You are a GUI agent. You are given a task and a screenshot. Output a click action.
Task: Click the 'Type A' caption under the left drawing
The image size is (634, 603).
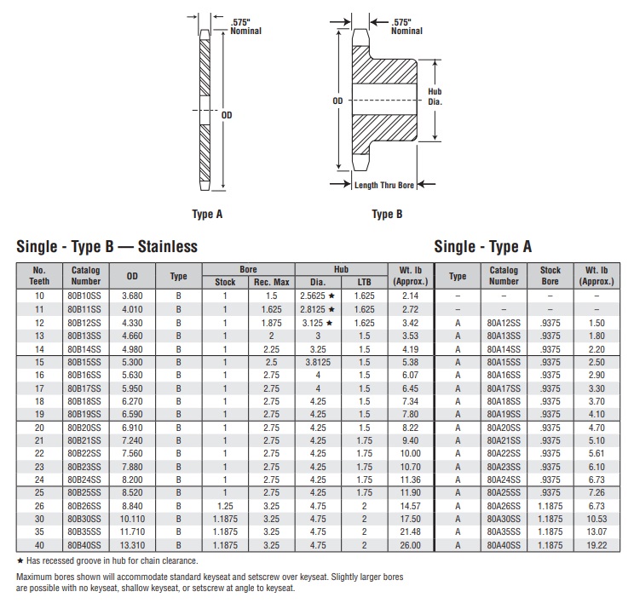pos(208,214)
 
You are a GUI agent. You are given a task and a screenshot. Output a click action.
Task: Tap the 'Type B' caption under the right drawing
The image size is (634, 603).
pos(387,214)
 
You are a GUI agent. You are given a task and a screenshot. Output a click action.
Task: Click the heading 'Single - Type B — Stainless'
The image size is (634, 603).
pos(107,247)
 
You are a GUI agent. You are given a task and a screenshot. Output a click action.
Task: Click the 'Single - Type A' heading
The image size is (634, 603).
pos(483,247)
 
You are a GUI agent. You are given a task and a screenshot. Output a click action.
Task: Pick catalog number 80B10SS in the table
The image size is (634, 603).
pos(85,295)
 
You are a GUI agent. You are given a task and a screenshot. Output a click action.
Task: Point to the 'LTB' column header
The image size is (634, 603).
pos(364,282)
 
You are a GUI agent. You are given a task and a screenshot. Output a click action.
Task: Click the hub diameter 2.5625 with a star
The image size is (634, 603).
pos(319,295)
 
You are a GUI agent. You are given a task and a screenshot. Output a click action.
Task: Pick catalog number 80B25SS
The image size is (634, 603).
pos(85,492)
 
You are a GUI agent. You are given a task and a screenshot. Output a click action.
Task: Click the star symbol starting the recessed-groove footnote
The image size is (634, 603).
pos(20,560)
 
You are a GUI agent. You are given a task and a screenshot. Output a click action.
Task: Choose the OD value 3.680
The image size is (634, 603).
pos(132,295)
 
